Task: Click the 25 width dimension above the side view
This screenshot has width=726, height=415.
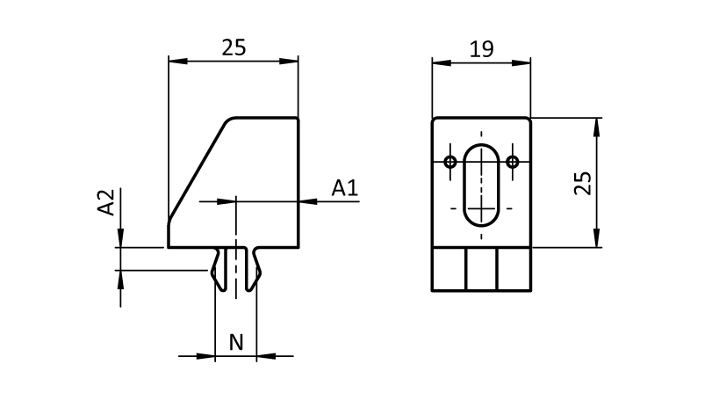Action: point(234,47)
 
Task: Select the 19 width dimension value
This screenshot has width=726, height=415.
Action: point(481,48)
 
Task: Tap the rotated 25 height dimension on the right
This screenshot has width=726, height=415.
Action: point(582,183)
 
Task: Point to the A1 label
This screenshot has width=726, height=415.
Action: point(344,187)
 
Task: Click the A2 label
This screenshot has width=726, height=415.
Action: point(106,202)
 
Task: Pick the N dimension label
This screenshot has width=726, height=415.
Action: point(236,342)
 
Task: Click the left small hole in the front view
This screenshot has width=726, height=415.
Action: point(450,162)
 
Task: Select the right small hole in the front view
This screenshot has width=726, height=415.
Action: point(514,162)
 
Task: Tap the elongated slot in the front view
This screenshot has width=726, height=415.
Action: point(482,184)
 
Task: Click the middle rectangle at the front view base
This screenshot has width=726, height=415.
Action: point(482,269)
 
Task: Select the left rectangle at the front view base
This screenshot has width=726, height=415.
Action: point(449,269)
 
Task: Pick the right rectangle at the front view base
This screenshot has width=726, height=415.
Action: point(514,269)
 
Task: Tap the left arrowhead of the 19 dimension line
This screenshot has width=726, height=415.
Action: point(438,62)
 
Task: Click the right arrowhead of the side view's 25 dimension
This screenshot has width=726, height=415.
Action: point(291,61)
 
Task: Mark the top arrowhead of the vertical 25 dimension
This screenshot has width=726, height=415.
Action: point(597,124)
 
